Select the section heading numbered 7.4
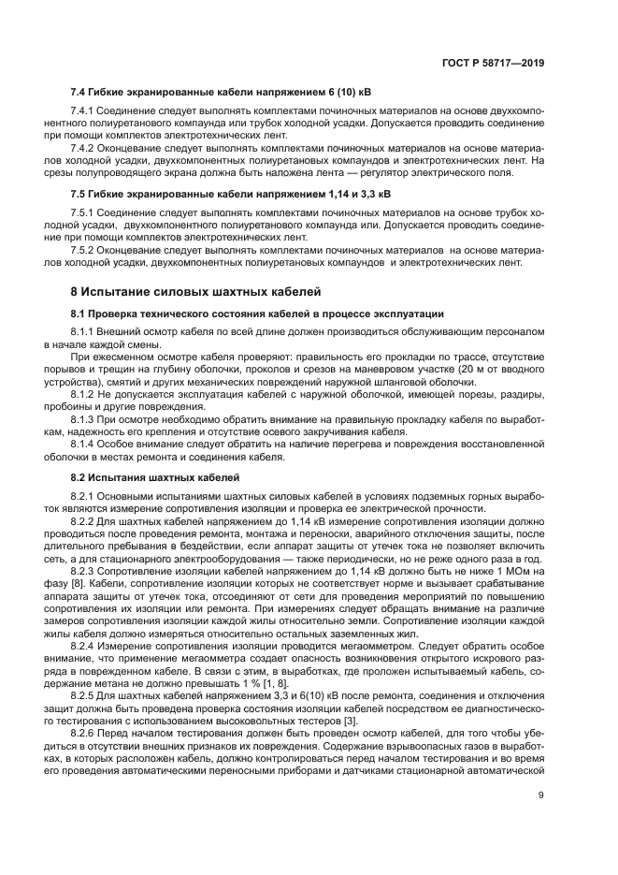[221, 93]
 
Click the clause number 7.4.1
[83, 111]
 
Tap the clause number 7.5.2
[83, 251]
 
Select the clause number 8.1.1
[83, 332]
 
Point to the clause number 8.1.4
[83, 444]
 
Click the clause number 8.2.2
[83, 518]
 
